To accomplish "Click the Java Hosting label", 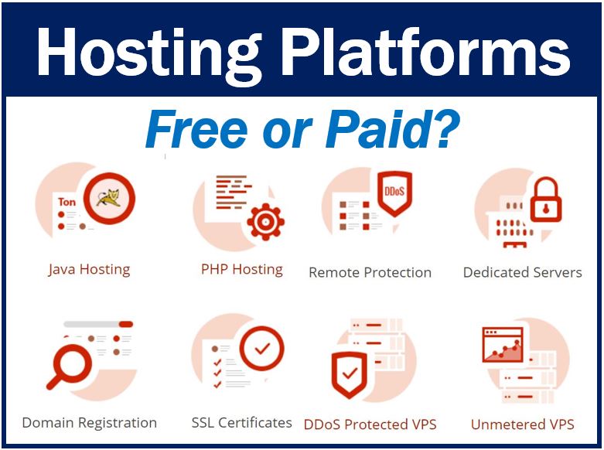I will click(x=89, y=270).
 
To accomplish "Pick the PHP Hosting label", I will click(x=241, y=270).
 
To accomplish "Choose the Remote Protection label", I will click(x=370, y=272).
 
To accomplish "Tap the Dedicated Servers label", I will click(x=522, y=272).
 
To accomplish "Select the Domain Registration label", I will click(x=89, y=423).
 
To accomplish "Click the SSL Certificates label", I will click(x=241, y=423).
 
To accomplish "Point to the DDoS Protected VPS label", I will click(x=370, y=424).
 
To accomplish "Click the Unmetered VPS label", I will click(x=522, y=424).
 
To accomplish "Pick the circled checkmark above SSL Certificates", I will click(x=262, y=349).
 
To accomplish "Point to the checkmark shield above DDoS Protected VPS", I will click(x=350, y=375).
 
